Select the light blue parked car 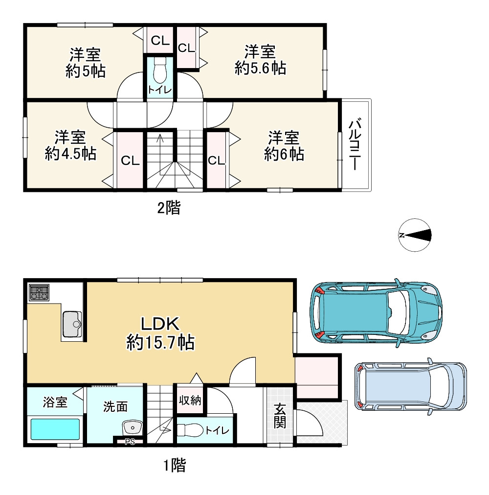[410, 386]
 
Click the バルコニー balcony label [355, 144]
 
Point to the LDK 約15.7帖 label [160, 333]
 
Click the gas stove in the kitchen [39, 293]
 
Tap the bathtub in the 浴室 [55, 429]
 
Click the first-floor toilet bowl [190, 430]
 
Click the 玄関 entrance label [280, 416]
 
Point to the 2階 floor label [169, 208]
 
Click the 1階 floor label [175, 465]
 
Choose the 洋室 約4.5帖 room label [70, 145]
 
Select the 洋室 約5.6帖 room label [260, 60]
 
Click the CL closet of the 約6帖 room [216, 161]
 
